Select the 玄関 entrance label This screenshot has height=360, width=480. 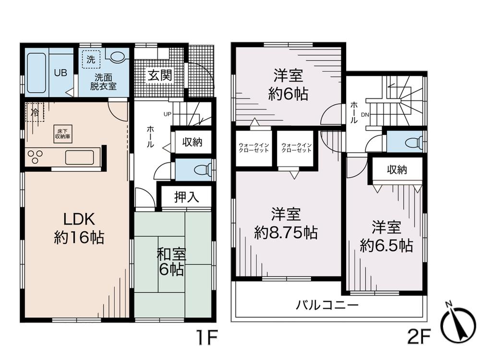158,76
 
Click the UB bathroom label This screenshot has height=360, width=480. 60,73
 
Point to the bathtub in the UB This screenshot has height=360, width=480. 36,72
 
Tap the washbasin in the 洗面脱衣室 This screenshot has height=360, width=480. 117,57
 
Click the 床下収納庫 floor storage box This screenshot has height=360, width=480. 63,134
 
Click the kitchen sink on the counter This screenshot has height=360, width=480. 79,157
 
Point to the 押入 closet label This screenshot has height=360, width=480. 186,197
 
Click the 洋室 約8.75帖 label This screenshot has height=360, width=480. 286,224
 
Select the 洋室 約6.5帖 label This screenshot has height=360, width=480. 386,236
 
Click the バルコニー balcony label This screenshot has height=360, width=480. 327,304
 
